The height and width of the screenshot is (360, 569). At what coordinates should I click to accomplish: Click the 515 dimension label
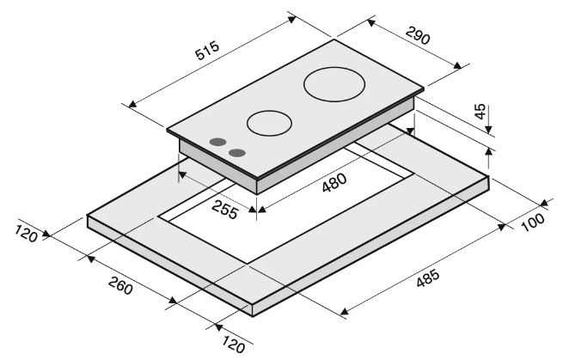tap(207, 50)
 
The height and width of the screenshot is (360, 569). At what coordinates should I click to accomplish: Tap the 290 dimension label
tap(418, 35)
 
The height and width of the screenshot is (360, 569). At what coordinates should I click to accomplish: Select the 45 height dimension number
tap(480, 112)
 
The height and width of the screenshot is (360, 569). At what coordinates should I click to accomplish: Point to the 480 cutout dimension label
tap(334, 182)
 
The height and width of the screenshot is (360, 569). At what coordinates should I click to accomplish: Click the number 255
tap(225, 209)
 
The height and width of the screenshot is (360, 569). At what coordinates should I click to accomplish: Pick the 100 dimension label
tap(533, 222)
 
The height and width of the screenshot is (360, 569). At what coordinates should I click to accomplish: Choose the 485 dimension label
tap(428, 278)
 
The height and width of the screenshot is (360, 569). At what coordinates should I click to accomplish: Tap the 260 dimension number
tap(120, 285)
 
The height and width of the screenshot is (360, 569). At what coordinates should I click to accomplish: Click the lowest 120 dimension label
tap(233, 345)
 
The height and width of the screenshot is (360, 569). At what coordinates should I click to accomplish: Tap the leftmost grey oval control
tap(217, 142)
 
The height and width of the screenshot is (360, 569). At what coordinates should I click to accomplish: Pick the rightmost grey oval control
tap(237, 153)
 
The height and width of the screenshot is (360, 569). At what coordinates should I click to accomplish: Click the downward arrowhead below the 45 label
tap(488, 129)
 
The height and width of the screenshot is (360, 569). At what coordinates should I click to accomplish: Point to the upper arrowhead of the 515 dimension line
tap(292, 19)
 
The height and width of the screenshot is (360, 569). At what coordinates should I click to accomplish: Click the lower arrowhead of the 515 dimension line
tap(133, 104)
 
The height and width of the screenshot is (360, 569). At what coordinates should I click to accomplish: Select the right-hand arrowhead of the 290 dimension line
tap(457, 65)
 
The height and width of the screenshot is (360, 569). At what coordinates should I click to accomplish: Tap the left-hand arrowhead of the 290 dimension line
tap(370, 23)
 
